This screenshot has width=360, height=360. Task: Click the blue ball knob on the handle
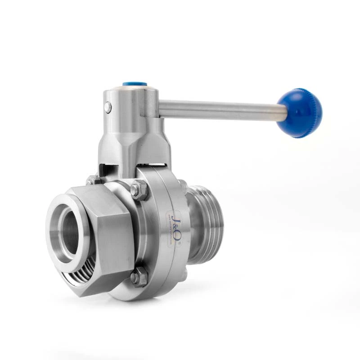299,112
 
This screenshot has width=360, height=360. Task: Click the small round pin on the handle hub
108,107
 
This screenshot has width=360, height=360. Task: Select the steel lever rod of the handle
220,109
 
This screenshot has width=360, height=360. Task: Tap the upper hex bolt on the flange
139,190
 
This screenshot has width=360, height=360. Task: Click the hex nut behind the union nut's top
94,180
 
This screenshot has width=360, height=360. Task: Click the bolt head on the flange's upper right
183,184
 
